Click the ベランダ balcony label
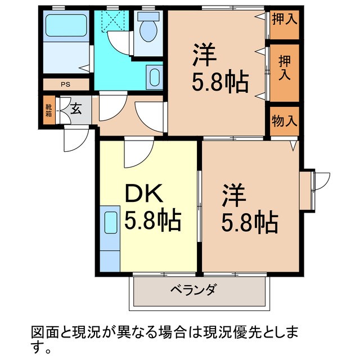pyautogui.click(x=193, y=291)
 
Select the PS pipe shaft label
pyautogui.click(x=66, y=85)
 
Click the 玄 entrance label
pyautogui.click(x=75, y=109)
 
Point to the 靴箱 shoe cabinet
pyautogui.click(x=49, y=110)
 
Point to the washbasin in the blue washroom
pyautogui.click(x=154, y=75)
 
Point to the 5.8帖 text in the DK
pyautogui.click(x=152, y=221)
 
